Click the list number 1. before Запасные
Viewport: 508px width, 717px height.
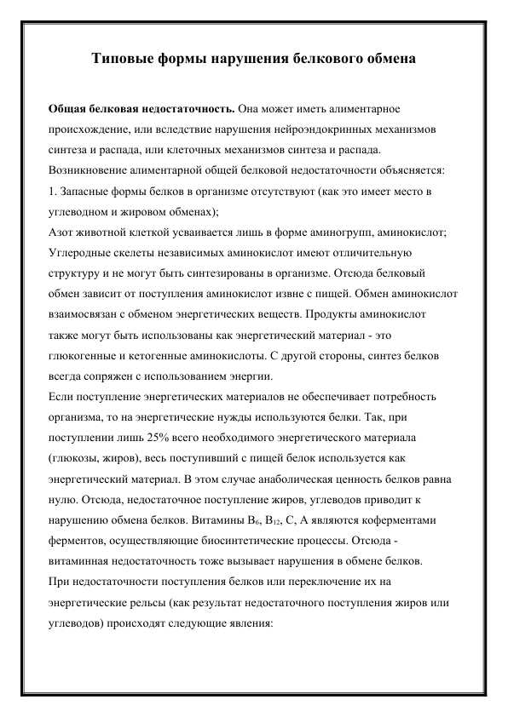pyautogui.click(x=51, y=190)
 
